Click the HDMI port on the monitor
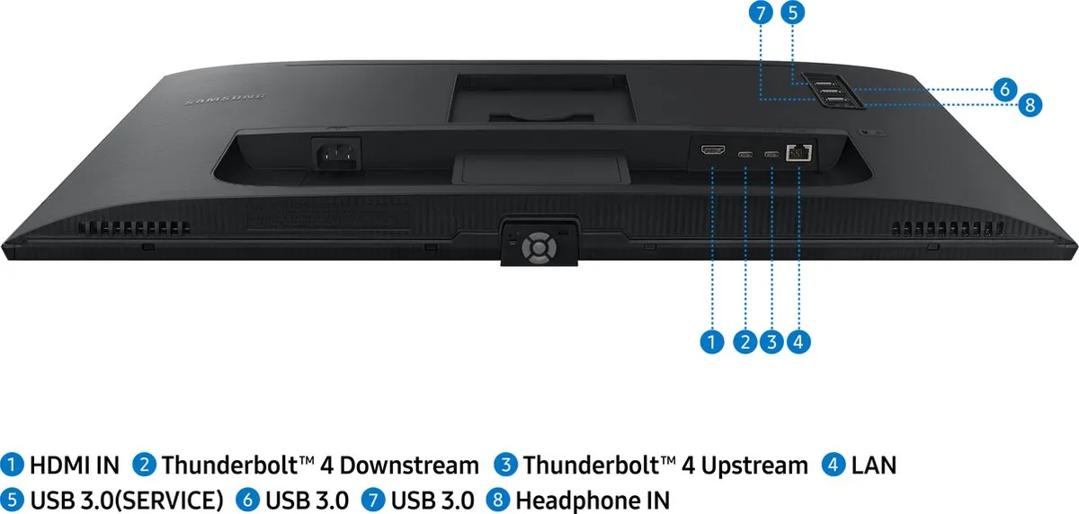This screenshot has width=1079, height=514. pyautogui.click(x=713, y=151)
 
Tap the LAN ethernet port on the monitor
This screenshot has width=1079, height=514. pyautogui.click(x=798, y=153)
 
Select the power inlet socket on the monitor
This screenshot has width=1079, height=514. pyautogui.click(x=336, y=154)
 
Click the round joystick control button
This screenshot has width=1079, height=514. pyautogui.click(x=539, y=248)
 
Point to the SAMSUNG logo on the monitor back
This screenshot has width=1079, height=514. pyautogui.click(x=226, y=99)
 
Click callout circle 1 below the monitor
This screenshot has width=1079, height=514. pyautogui.click(x=712, y=341)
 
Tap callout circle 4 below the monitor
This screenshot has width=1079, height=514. pyautogui.click(x=798, y=341)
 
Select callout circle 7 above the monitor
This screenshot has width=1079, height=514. pyautogui.click(x=761, y=13)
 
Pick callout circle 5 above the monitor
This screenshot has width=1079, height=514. pyautogui.click(x=793, y=13)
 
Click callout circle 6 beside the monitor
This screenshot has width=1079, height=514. pyautogui.click(x=1005, y=89)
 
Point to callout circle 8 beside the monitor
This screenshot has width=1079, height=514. pyautogui.click(x=1030, y=105)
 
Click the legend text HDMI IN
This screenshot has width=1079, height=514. pyautogui.click(x=75, y=465)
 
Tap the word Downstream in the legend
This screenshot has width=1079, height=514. pyautogui.click(x=409, y=465)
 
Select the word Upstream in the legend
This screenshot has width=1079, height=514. pyautogui.click(x=754, y=465)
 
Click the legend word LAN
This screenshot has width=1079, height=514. pyautogui.click(x=874, y=465)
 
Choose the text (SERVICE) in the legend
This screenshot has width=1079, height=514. pyautogui.click(x=171, y=501)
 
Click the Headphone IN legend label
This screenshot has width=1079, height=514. pyautogui.click(x=593, y=501)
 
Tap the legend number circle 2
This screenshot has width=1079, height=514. pyautogui.click(x=144, y=465)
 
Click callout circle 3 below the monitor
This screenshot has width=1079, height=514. pyautogui.click(x=771, y=341)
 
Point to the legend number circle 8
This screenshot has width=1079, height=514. pyautogui.click(x=498, y=500)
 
